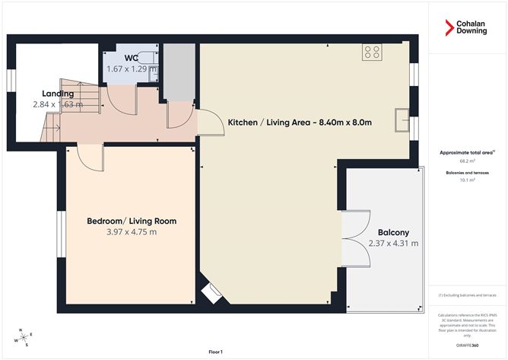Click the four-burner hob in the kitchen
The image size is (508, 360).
point(372,52)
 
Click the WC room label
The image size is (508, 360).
point(132,56)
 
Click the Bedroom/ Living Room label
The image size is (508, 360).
point(132,221)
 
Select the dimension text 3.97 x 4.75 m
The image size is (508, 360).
point(132,232)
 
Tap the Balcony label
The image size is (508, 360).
point(393,233)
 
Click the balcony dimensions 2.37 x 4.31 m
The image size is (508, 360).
point(393,244)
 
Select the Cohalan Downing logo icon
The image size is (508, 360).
point(449,27)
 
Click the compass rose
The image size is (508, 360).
point(23,336)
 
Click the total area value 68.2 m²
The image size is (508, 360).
point(467,161)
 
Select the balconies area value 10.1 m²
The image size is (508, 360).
point(467,180)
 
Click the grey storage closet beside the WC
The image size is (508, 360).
point(179,73)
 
